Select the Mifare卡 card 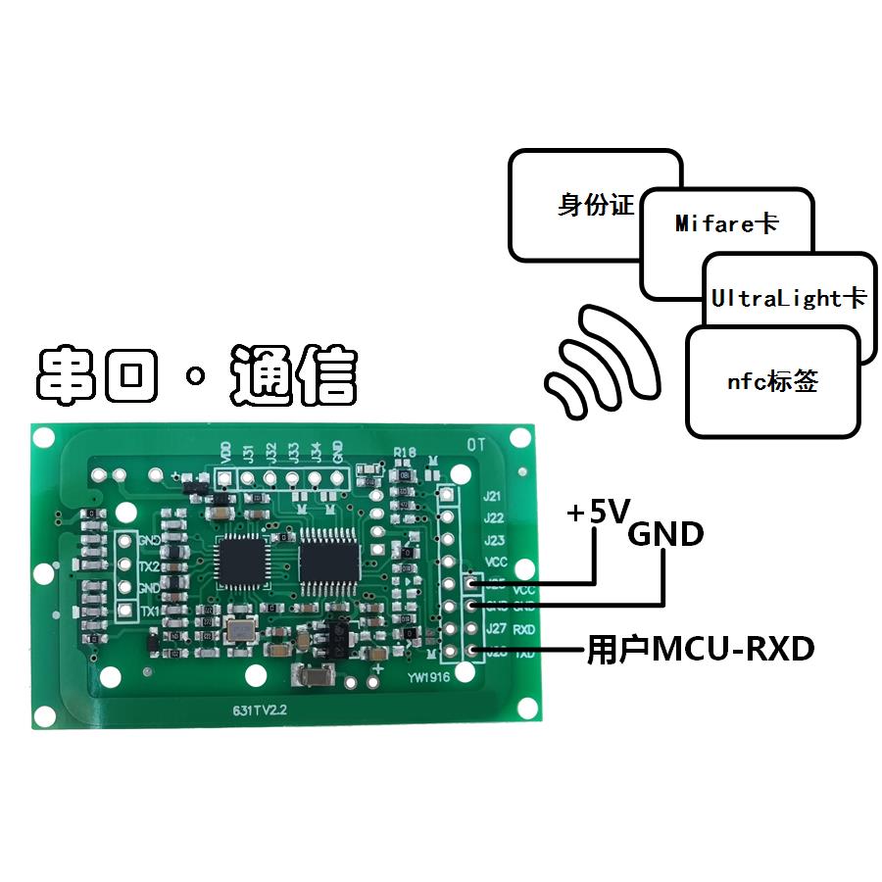coord(727,224)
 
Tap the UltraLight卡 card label coord(789,298)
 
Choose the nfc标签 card coord(772,382)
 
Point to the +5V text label coord(596,512)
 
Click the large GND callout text coord(665,534)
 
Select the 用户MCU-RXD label coord(700,649)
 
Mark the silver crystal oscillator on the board coord(237,632)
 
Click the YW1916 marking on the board coord(428,675)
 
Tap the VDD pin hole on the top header coord(225,478)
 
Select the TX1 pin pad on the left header coord(125,611)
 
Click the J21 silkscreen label coord(494,497)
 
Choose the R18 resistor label coord(405,453)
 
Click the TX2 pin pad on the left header coord(125,563)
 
